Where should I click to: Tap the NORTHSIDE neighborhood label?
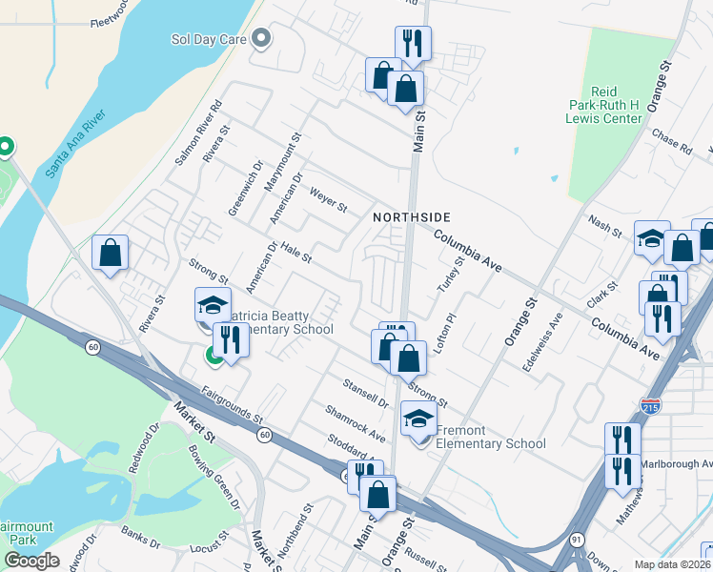tap(411, 217)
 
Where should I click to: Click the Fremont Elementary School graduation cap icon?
tap(418, 418)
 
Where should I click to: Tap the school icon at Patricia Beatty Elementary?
tap(213, 304)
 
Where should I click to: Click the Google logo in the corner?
tap(31, 561)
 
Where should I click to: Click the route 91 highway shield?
tap(577, 540)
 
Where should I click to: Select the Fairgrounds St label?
tap(232, 403)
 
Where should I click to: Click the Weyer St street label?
tap(328, 201)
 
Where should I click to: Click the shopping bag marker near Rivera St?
tap(111, 253)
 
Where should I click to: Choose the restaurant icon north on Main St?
tap(413, 43)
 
